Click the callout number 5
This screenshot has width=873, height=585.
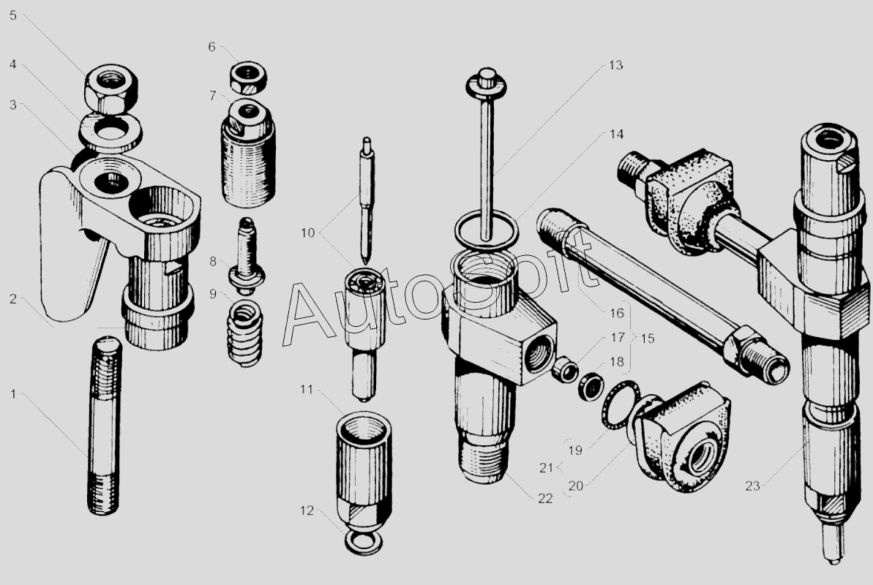(x=12, y=15)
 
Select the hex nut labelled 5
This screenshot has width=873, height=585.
(x=111, y=88)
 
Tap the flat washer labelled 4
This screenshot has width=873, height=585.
(x=110, y=132)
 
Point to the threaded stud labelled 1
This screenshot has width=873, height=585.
(x=104, y=425)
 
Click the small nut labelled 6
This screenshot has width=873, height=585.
(x=248, y=77)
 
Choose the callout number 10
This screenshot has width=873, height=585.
(x=308, y=233)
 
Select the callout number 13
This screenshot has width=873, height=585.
(x=615, y=66)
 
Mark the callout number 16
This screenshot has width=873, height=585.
(x=616, y=314)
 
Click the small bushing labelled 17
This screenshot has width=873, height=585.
(x=565, y=370)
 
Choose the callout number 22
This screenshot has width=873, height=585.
(x=545, y=499)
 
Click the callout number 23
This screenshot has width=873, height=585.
(x=753, y=486)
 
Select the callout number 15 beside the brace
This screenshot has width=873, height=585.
(x=647, y=339)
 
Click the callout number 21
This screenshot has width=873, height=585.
(x=547, y=468)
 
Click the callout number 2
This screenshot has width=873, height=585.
(x=12, y=299)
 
